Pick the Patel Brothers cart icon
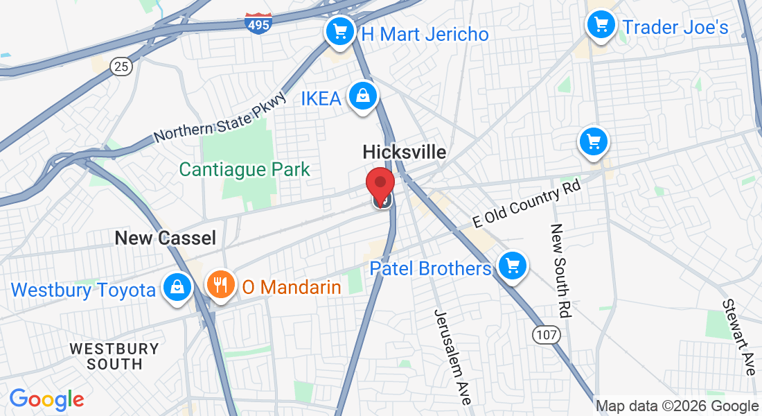512,266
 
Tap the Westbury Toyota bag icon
177,286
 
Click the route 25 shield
121,67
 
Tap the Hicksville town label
405,153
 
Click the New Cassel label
165,239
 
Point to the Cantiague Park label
245,169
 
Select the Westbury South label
114,356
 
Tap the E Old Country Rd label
526,205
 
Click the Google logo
46,399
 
